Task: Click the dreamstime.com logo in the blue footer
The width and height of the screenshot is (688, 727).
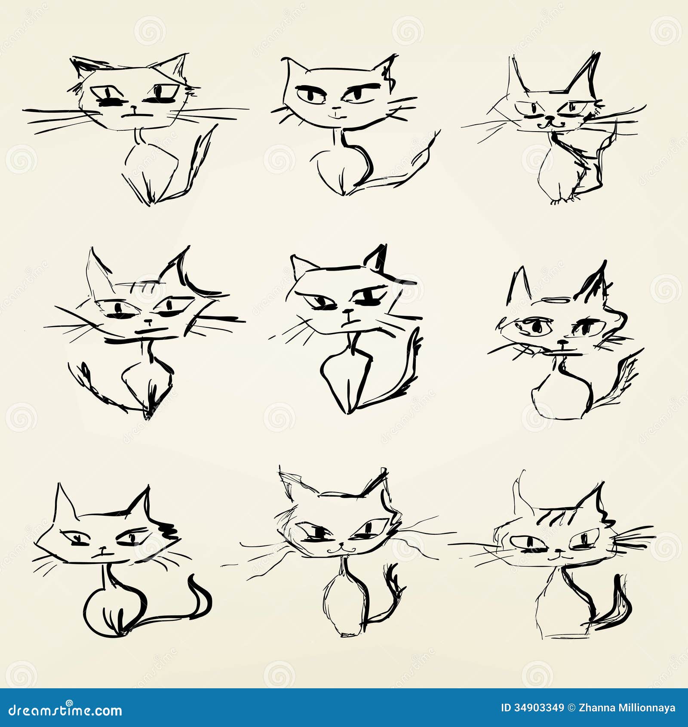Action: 65,710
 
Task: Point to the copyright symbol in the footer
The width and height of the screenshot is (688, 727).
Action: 571,708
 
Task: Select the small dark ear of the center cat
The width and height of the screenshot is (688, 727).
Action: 377,258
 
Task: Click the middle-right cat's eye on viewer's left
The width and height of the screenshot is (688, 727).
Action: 535,327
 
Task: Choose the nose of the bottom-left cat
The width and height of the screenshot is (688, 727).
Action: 103,548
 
